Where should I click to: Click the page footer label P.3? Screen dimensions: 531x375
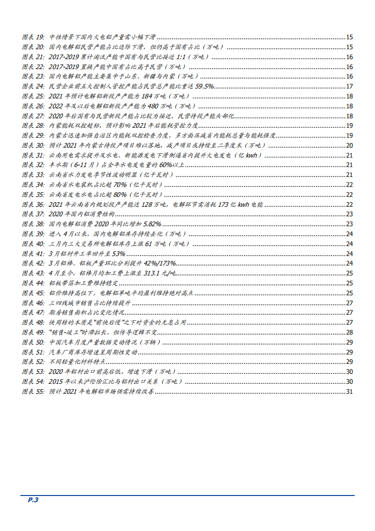33,500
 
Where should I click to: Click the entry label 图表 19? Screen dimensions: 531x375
33,37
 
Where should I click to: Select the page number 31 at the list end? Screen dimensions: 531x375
349,391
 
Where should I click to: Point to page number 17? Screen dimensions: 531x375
349,86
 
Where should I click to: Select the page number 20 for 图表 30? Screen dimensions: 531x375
349,145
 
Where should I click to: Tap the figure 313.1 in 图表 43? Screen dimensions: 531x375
157,273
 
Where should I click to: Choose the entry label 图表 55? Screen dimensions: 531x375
33,391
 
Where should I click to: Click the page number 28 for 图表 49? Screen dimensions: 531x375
349,332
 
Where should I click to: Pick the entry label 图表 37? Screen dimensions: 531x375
33,214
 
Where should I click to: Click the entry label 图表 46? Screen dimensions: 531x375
33,303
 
